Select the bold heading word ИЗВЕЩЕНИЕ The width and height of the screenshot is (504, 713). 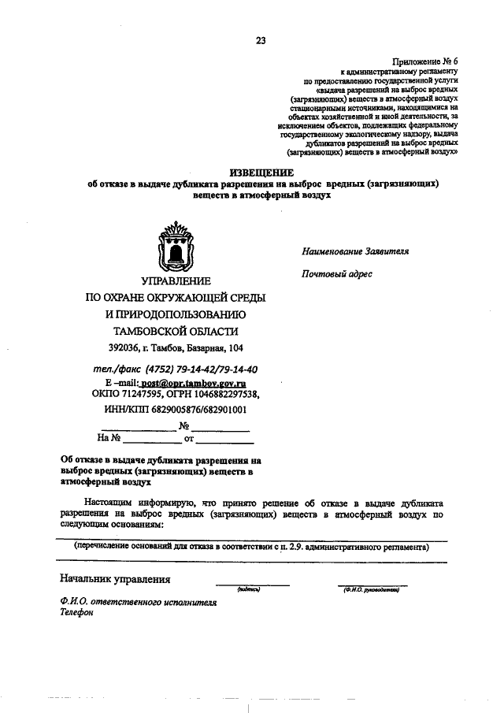(x=261, y=172)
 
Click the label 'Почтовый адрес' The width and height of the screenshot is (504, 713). (x=336, y=274)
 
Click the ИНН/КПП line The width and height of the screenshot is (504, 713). (x=175, y=410)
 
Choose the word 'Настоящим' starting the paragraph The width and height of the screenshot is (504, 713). (x=110, y=502)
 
